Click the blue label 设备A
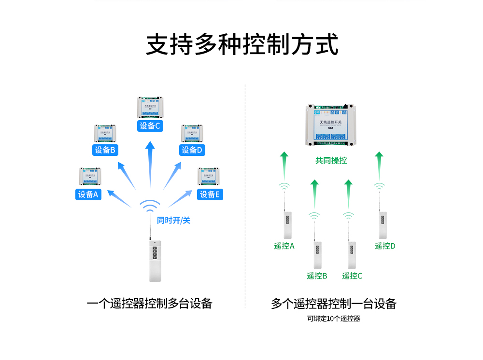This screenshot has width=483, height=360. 88,194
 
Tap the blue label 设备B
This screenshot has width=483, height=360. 105,150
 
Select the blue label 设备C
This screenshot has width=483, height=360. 150,126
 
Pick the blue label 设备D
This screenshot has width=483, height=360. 193,150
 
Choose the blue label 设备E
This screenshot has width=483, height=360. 210,194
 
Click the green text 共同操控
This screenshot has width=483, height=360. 331,160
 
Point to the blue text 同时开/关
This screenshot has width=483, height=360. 174,221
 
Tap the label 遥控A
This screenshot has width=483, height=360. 284,246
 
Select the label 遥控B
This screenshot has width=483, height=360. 317,276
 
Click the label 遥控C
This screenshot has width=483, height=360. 352,276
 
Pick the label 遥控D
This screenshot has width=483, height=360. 385,246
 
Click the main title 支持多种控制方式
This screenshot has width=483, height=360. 242,45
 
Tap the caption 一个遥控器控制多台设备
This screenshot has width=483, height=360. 150,304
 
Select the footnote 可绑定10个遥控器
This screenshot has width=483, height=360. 334,319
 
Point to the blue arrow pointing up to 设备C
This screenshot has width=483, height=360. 150,164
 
